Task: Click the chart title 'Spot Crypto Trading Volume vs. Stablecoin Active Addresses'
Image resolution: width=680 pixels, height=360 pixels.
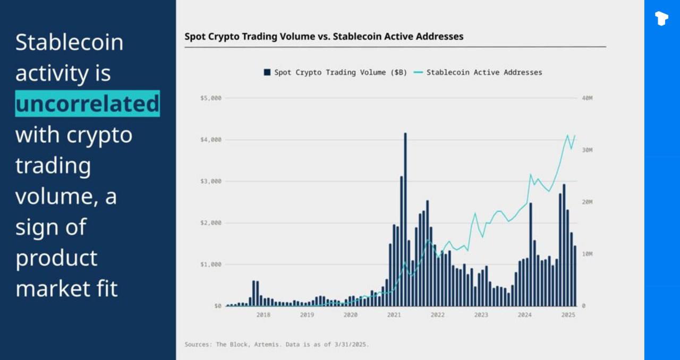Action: tap(324, 37)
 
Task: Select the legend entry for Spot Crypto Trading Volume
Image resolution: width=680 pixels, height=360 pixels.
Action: tap(335, 72)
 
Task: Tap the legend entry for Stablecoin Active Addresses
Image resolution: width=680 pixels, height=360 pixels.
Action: tap(478, 72)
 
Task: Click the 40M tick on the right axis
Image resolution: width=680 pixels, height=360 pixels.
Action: tap(586, 98)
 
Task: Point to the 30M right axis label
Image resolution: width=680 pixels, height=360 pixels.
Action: tap(586, 150)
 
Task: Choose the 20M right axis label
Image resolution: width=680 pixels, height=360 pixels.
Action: tap(586, 202)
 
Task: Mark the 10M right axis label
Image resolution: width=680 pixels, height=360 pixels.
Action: tap(586, 254)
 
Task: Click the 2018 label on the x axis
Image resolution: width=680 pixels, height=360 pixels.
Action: tap(263, 315)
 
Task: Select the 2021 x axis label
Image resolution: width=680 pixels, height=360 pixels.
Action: tap(394, 315)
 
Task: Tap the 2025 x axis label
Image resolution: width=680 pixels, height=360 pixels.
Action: tap(568, 315)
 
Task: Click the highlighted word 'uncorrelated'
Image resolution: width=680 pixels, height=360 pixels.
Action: tap(87, 104)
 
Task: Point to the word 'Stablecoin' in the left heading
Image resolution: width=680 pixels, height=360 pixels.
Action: tap(69, 42)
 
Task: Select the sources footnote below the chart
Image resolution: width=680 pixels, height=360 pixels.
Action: tap(276, 345)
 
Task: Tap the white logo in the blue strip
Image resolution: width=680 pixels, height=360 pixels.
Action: tap(661, 19)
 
